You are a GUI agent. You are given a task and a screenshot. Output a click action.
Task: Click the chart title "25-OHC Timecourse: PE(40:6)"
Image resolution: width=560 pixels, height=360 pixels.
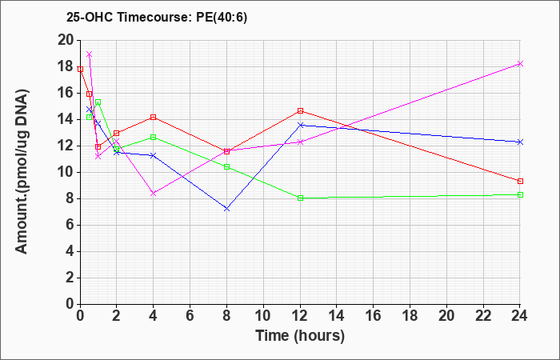(x=157, y=18)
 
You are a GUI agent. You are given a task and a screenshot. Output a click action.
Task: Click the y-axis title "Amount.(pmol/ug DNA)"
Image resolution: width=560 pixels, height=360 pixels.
(x=22, y=172)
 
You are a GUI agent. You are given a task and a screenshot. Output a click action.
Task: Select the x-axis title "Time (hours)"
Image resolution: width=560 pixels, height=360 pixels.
(x=300, y=336)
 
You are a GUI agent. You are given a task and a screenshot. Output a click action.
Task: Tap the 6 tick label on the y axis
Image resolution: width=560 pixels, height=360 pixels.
(x=70, y=226)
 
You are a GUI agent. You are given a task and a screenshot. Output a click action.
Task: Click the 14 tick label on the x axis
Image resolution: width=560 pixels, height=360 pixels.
(x=337, y=316)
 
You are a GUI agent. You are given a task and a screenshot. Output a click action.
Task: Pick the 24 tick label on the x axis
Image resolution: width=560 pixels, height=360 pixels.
(x=520, y=316)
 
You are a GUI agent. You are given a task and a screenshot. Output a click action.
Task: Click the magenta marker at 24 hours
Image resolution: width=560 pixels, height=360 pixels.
(x=520, y=63)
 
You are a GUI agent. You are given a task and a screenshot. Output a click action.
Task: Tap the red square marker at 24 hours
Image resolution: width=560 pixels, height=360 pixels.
(x=520, y=181)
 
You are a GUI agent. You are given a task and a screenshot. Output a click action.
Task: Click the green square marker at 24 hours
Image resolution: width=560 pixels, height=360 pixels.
(x=520, y=194)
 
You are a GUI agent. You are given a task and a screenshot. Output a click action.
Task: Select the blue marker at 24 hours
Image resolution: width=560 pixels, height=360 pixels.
(x=520, y=142)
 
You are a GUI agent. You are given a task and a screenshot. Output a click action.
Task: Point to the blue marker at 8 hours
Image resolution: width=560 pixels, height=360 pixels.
(x=226, y=209)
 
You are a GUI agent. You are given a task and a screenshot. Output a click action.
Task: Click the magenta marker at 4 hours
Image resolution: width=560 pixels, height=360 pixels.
(x=154, y=194)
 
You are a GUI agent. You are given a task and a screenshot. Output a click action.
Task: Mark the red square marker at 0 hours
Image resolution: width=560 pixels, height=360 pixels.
(x=80, y=70)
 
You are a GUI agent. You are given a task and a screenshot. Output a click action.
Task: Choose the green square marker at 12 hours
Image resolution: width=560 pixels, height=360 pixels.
(x=300, y=198)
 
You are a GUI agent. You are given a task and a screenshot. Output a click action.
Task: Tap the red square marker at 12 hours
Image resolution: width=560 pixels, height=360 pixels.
(x=300, y=110)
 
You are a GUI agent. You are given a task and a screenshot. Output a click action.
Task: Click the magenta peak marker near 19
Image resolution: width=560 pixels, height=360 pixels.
(x=90, y=54)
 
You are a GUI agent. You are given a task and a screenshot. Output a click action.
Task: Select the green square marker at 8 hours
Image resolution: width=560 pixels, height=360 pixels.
(x=226, y=166)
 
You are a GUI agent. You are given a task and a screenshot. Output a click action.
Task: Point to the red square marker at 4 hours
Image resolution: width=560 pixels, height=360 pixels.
(x=154, y=117)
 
